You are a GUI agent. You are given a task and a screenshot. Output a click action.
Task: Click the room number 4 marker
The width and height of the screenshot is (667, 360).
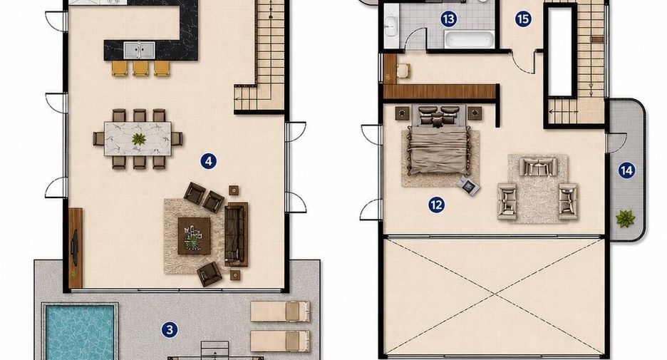[x=208, y=161]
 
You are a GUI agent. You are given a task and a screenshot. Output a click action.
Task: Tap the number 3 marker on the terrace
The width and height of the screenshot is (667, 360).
[x=170, y=330]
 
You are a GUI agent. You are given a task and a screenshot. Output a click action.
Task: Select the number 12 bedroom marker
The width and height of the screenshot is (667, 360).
[x=436, y=205]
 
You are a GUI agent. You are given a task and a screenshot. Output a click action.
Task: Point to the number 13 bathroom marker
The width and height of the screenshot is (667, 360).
[x=448, y=19]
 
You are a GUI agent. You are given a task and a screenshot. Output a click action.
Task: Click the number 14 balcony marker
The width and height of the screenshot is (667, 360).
[x=626, y=170]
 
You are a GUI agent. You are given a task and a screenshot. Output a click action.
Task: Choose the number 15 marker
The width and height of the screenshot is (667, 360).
[x=523, y=19]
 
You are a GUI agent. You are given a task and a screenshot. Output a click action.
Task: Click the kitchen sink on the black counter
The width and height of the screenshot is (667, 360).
[x=139, y=50]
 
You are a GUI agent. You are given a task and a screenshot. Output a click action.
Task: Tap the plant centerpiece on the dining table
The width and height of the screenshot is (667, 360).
[x=139, y=139]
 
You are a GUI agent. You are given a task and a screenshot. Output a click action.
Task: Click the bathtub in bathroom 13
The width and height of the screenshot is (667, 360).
[x=470, y=39]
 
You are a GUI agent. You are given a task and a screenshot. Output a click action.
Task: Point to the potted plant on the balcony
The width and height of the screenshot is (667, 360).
[x=625, y=219]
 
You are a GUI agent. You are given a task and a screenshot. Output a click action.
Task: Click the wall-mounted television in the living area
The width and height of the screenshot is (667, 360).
[x=74, y=246]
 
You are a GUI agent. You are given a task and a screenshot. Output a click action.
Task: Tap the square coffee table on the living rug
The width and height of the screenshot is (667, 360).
[x=194, y=236]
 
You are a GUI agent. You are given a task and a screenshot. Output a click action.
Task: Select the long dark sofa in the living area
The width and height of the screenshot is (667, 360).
[x=236, y=235]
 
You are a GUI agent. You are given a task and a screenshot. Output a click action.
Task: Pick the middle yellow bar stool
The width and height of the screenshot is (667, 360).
[x=140, y=68]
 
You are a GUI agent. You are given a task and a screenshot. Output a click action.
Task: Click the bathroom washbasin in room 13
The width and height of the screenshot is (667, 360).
[x=391, y=26]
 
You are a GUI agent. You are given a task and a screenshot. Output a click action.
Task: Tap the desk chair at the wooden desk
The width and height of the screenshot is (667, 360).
[x=403, y=71]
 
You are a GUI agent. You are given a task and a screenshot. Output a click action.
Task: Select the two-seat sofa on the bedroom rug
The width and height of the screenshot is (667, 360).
[x=538, y=166]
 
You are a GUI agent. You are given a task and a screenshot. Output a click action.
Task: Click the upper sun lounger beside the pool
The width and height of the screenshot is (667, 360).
[x=280, y=311]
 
